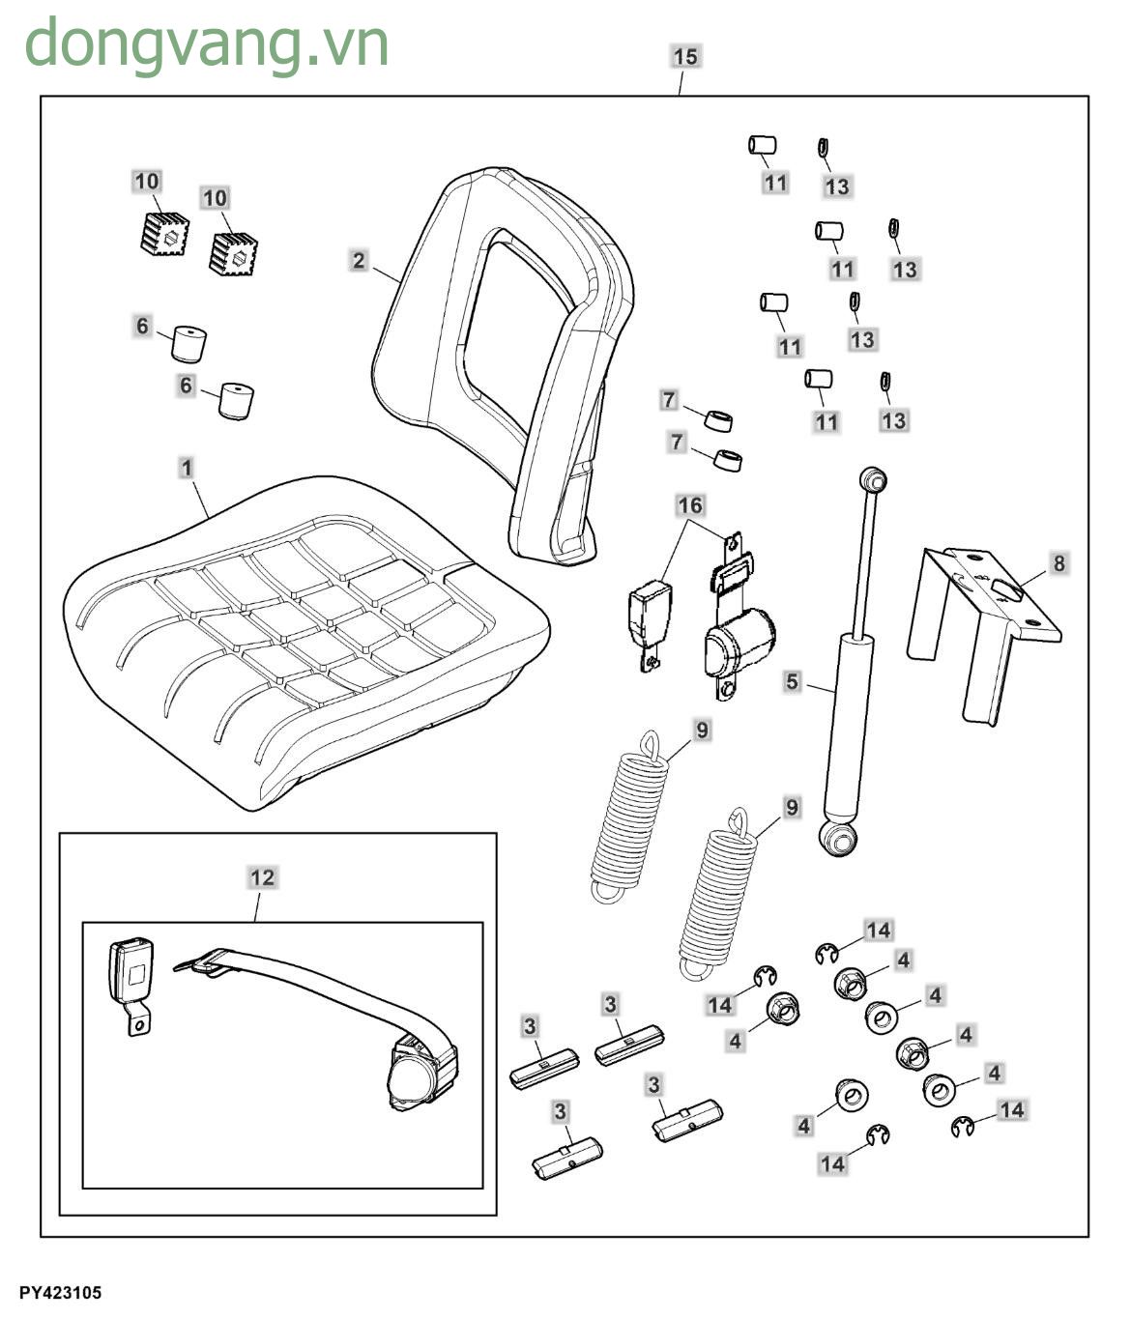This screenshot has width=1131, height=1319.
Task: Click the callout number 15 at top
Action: point(685,57)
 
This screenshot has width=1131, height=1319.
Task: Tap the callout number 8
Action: point(1059,562)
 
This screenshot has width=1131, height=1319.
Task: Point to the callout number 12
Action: point(262,877)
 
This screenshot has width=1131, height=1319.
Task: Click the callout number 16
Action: point(690,505)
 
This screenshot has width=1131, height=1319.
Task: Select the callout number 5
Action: point(793,681)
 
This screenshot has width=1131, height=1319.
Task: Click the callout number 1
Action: point(187,469)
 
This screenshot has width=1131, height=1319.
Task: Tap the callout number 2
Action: point(360,260)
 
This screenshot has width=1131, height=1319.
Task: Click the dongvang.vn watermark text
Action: point(206,43)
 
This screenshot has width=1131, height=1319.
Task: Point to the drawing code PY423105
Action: point(59,1292)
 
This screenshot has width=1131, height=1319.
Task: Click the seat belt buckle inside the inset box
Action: point(132,976)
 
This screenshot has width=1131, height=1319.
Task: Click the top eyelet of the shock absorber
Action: point(872,478)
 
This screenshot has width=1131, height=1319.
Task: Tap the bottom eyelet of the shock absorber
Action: point(837,838)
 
